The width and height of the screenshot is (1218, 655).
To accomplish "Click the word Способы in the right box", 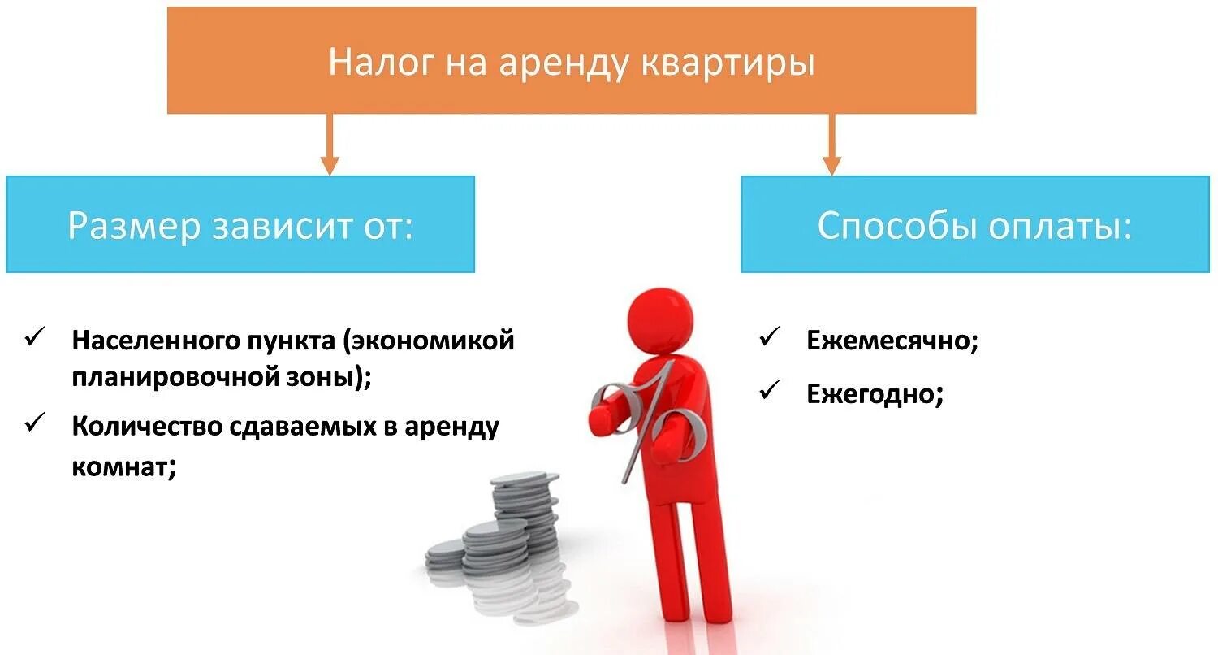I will point(897,226).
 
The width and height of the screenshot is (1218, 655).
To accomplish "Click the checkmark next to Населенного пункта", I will point(35,336).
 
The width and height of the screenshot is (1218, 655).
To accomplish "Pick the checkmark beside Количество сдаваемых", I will point(35,423).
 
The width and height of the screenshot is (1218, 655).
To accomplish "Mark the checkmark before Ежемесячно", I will point(768,336).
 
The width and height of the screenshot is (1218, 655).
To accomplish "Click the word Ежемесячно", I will point(892,341).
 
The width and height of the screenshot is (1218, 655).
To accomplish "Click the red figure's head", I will point(662,310).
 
